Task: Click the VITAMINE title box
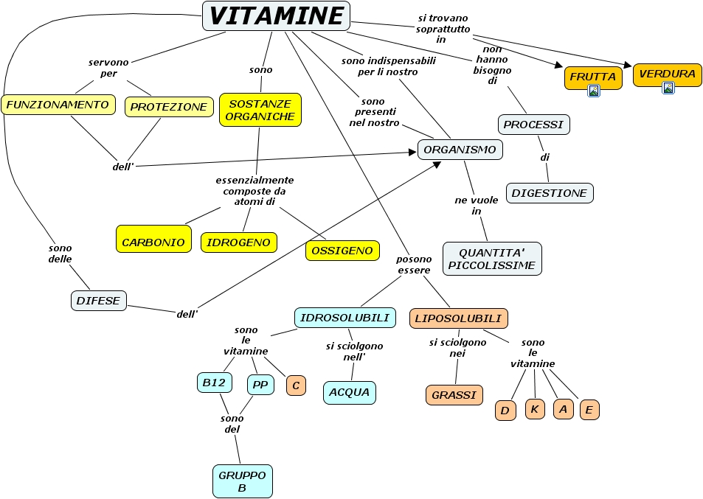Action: pyautogui.click(x=276, y=15)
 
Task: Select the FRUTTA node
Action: pyautogui.click(x=593, y=77)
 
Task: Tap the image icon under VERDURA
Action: pyautogui.click(x=668, y=88)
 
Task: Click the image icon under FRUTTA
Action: pyautogui.click(x=593, y=91)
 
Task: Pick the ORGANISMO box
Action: pyautogui.click(x=460, y=150)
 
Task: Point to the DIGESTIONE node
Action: pyautogui.click(x=549, y=193)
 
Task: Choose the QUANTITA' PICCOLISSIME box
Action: pyautogui.click(x=492, y=259)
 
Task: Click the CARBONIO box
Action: pyautogui.click(x=153, y=242)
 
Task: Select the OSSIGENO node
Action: pyautogui.click(x=342, y=251)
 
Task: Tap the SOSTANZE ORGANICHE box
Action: pyautogui.click(x=260, y=110)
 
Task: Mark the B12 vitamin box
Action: pyautogui.click(x=215, y=383)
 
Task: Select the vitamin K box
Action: pyautogui.click(x=535, y=409)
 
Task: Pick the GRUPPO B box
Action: pyautogui.click(x=242, y=481)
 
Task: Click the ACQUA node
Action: pyautogui.click(x=350, y=392)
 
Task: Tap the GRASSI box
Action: pyautogui.click(x=454, y=395)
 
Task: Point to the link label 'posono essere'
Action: pyautogui.click(x=414, y=265)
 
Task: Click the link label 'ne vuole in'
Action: pyautogui.click(x=476, y=206)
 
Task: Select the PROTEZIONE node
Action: pyautogui.click(x=169, y=107)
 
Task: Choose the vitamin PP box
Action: pyautogui.click(x=260, y=384)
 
